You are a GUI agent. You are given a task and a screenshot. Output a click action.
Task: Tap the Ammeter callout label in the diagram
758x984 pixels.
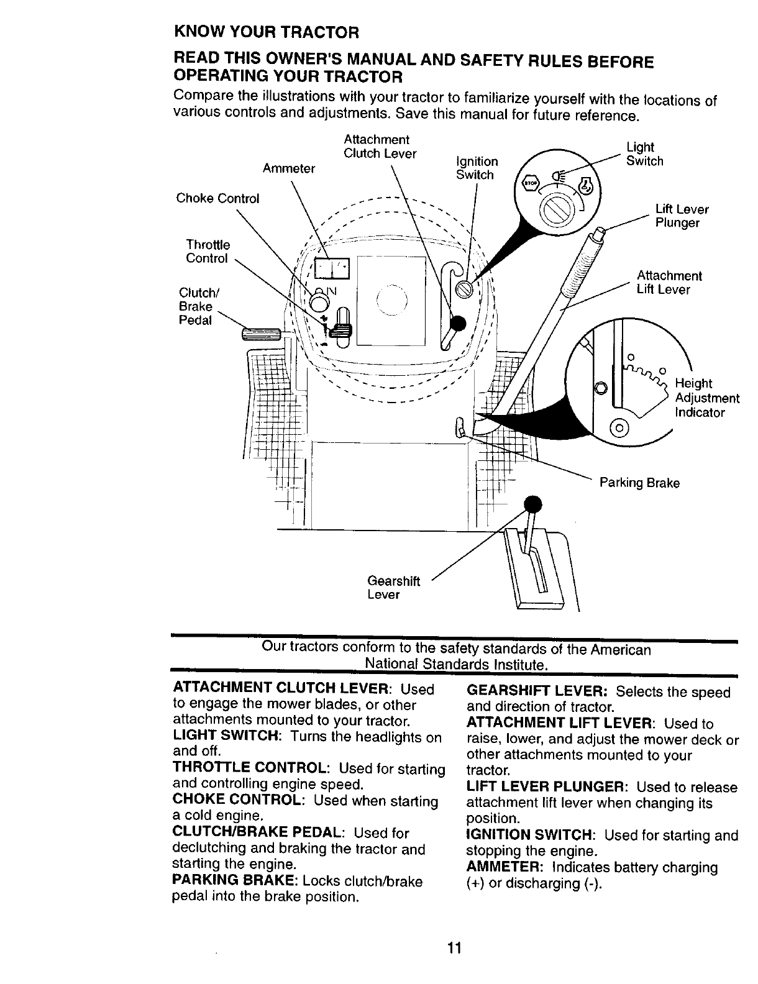pos(289,168)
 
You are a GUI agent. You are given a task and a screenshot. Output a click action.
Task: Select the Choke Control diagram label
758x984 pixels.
pos(217,198)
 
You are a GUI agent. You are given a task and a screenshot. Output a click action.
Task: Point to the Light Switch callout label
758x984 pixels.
pos(644,154)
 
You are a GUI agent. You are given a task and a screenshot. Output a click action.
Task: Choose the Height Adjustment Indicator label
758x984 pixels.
pos(706,398)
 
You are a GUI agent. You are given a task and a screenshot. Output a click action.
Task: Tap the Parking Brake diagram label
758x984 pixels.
pos(639,483)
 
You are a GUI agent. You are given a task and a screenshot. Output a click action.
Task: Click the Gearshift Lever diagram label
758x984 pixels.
pos(393,588)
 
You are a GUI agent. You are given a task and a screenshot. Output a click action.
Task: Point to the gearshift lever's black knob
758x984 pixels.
pos(533,503)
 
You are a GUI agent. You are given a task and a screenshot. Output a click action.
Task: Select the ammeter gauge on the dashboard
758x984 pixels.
pos(333,269)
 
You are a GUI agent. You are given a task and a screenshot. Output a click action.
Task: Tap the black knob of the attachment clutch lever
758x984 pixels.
pos(458,323)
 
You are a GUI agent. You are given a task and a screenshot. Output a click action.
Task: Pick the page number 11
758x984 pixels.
pos(454,948)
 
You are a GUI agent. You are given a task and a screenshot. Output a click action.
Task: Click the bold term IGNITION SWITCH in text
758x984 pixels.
pos(531,835)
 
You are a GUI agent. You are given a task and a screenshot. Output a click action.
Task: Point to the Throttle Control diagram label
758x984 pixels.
pos(208,252)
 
